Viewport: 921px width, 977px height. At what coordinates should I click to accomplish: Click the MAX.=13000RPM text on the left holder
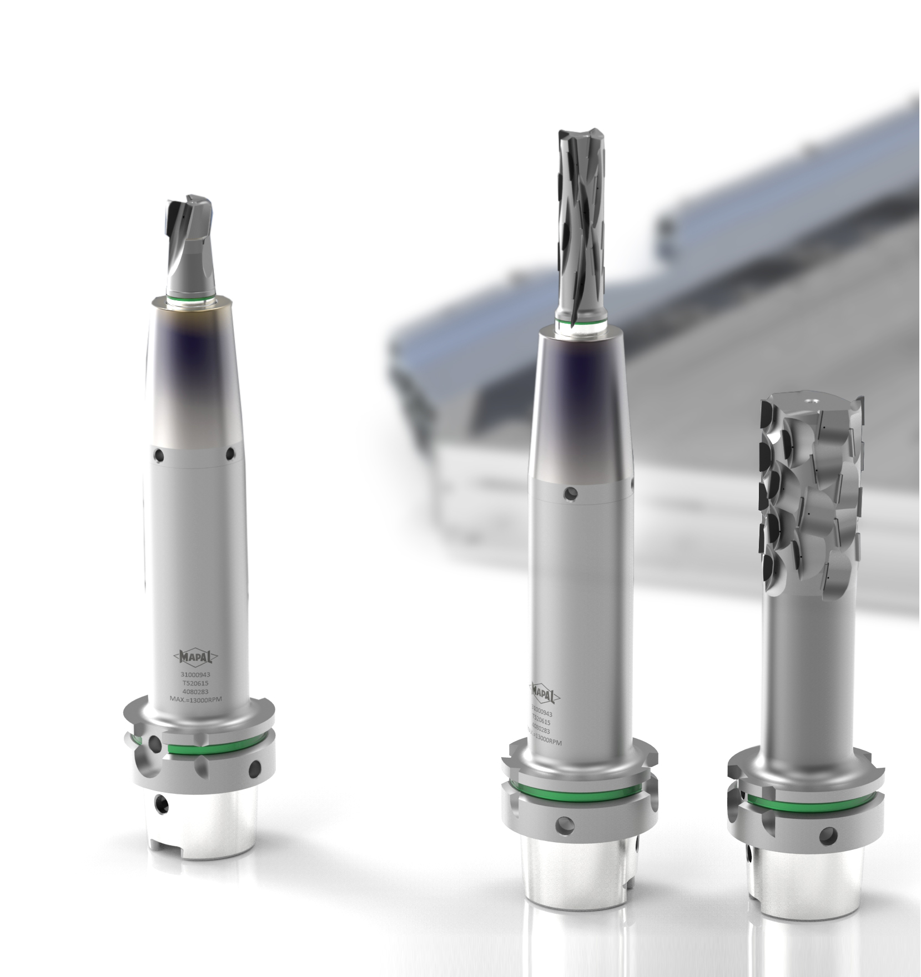click(x=195, y=699)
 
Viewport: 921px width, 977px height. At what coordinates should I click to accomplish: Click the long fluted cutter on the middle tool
click(x=580, y=222)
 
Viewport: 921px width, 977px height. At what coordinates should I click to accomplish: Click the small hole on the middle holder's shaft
click(x=570, y=493)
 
